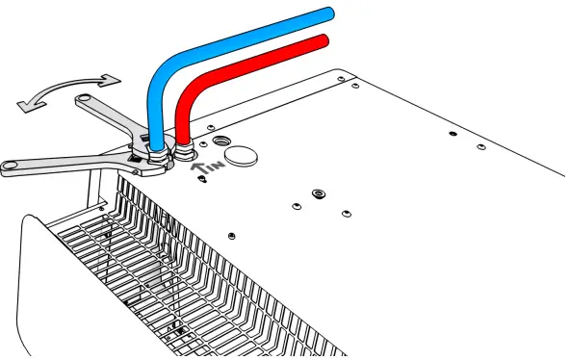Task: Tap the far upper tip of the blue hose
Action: (328, 13)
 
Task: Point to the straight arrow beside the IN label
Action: (199, 167)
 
